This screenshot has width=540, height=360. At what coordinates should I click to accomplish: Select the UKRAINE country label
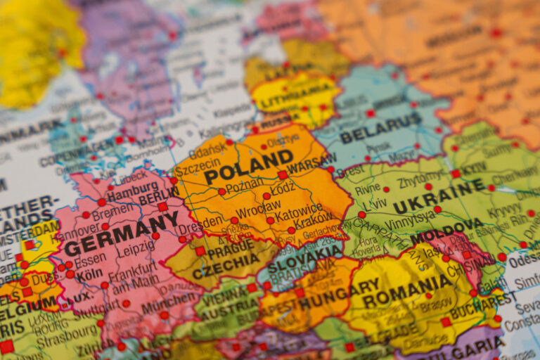439,196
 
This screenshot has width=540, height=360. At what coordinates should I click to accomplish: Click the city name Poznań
245,186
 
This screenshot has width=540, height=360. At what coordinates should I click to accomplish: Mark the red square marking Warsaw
283,174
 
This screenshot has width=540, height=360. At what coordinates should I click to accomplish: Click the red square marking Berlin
162,207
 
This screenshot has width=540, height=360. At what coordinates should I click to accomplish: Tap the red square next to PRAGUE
200,251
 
